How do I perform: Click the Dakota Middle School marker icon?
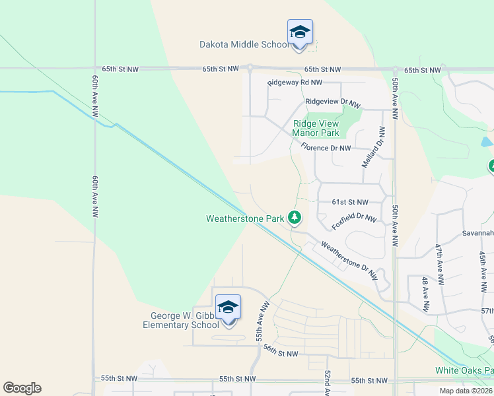pyautogui.click(x=300, y=32)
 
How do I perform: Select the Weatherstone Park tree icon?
pyautogui.click(x=295, y=216)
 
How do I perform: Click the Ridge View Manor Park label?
pyautogui.click(x=316, y=128)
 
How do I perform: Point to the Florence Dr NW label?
pyautogui.click(x=326, y=148)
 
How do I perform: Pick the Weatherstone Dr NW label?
pyautogui.click(x=350, y=258)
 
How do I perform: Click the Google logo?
pyautogui.click(x=22, y=388)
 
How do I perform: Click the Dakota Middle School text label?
pyautogui.click(x=244, y=45)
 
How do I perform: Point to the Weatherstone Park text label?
pyautogui.click(x=245, y=218)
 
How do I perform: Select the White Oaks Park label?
pyautogui.click(x=464, y=370)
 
